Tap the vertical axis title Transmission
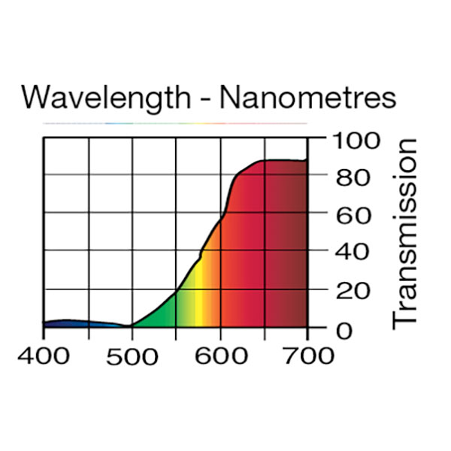[x=406, y=232]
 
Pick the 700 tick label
[x=308, y=355]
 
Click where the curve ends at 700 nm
[x=307, y=161]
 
